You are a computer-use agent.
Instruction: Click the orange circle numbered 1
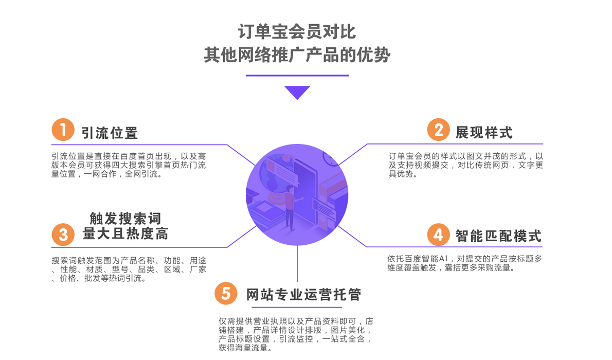point(63,130)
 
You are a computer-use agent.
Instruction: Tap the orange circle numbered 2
point(439,130)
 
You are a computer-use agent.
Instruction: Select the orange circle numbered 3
point(63,235)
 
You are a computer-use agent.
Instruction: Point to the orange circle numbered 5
point(225,294)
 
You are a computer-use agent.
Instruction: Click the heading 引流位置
point(110,133)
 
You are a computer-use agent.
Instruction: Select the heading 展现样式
point(484,132)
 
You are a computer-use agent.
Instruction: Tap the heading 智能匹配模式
point(498,236)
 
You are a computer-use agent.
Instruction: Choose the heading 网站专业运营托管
point(303,295)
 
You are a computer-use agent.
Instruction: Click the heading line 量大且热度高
point(125,234)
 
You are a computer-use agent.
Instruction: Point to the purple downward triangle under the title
point(297,92)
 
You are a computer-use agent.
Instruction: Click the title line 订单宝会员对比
point(297,32)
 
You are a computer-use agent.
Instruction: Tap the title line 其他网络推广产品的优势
point(297,55)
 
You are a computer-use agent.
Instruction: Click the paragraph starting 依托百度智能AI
point(464,263)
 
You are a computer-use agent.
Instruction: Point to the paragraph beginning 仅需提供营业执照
point(296,334)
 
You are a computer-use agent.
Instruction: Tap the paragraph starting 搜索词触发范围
point(129,269)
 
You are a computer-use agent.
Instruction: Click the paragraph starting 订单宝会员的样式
point(465,165)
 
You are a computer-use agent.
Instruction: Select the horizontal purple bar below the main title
point(297,76)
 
